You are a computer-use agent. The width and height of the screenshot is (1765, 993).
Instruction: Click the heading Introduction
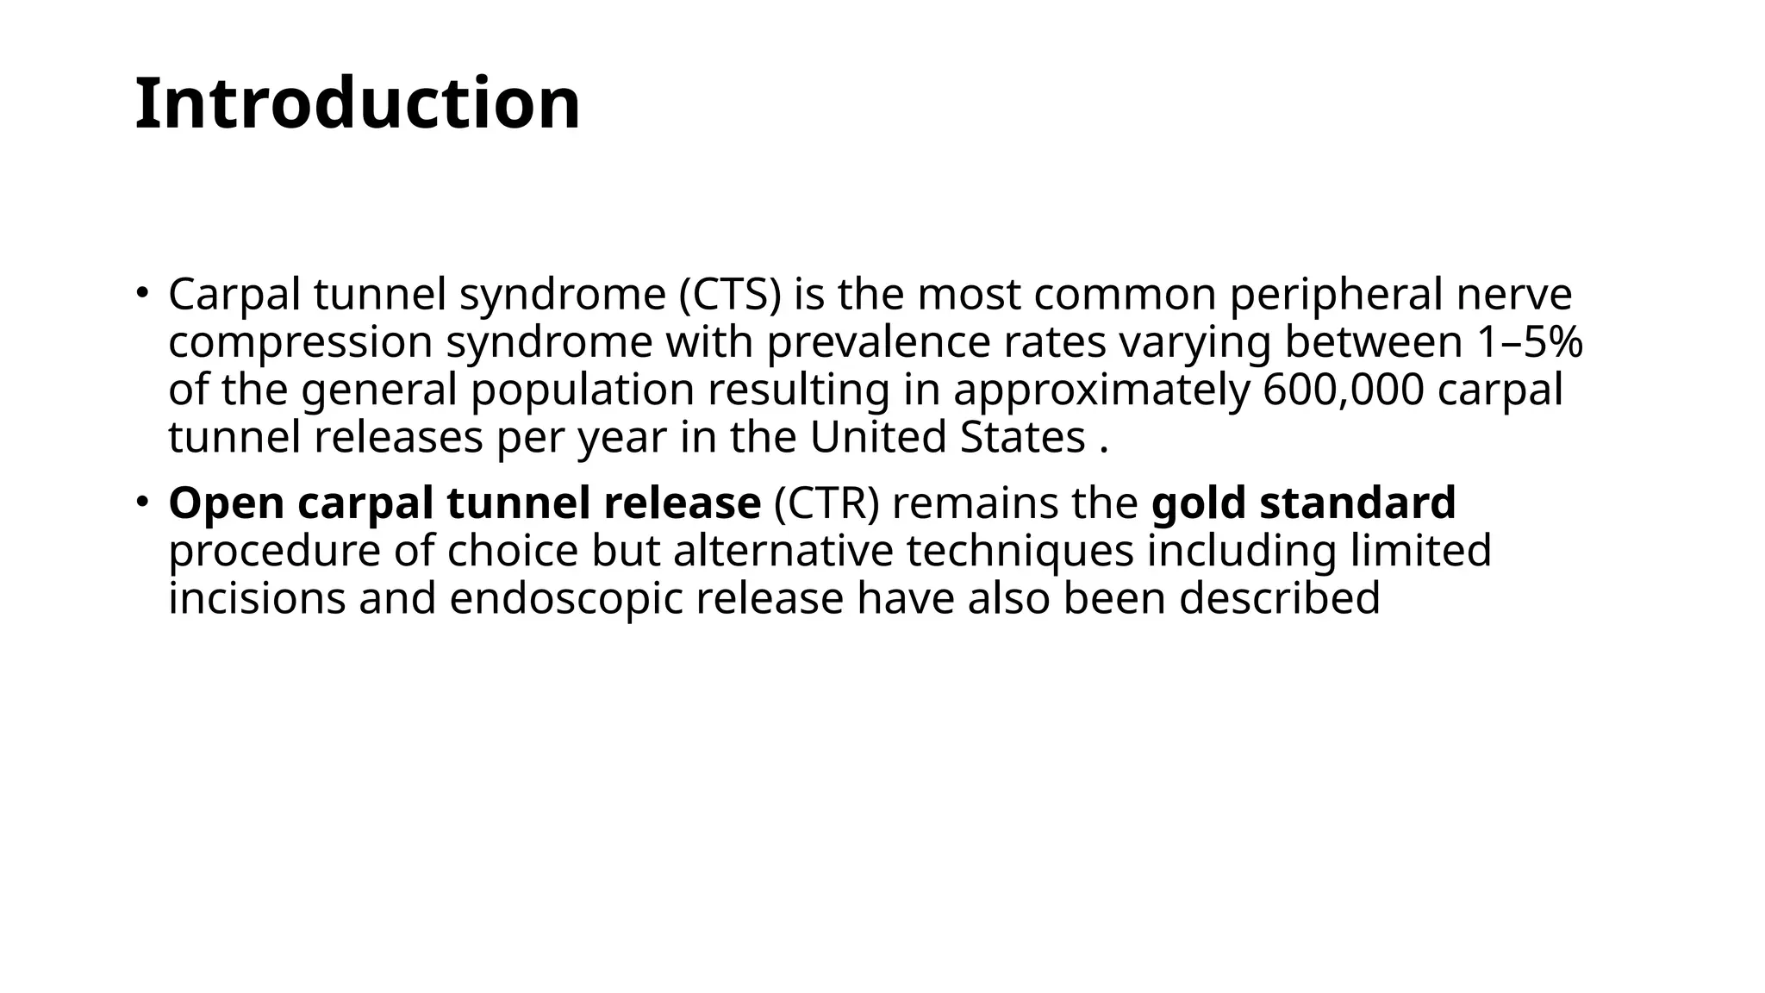point(358,103)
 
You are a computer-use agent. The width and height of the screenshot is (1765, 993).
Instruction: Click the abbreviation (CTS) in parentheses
point(730,295)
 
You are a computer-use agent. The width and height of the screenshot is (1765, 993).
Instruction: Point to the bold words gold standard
point(1303,503)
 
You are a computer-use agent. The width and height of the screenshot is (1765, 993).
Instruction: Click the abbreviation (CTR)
point(826,503)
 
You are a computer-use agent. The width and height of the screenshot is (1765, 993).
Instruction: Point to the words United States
point(947,437)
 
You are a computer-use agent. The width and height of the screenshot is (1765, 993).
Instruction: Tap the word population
point(583,390)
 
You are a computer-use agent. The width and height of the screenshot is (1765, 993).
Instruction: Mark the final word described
point(1279,599)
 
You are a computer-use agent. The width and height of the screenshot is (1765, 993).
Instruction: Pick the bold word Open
point(226,503)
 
